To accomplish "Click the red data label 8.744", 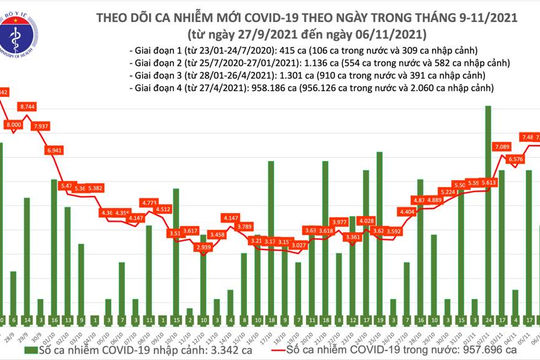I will pos(55,105).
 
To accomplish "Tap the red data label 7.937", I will pos(69,127).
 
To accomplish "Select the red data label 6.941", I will pos(83,150).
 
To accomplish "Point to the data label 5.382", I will pos(124,187).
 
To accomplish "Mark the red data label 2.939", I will pos(204,246).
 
